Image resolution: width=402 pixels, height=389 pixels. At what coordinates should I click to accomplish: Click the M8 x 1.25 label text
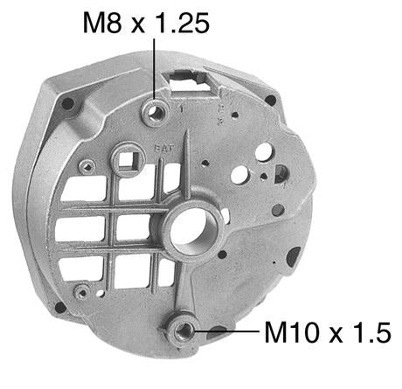click(146, 23)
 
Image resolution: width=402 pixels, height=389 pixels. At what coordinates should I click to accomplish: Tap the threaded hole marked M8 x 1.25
click(157, 110)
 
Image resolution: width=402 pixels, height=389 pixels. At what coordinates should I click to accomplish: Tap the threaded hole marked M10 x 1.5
click(184, 330)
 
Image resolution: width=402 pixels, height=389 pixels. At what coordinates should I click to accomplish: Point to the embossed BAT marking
click(161, 149)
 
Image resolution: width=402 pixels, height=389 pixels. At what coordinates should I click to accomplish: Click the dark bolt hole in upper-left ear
click(67, 105)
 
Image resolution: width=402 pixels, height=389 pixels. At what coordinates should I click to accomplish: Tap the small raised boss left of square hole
click(85, 166)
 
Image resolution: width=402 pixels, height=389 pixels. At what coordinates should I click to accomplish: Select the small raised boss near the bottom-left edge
click(81, 290)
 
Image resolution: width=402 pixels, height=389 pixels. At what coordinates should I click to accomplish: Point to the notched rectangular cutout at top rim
click(195, 83)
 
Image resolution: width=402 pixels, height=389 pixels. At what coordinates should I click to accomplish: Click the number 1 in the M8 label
click(158, 23)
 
